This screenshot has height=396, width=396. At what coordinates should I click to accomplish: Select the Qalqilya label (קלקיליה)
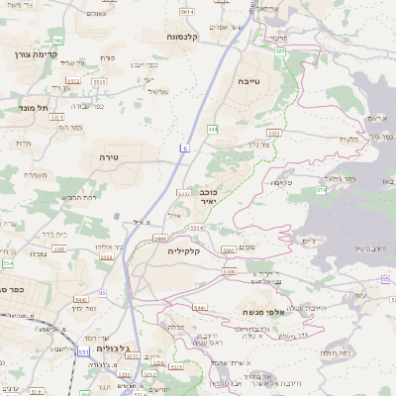point(185,250)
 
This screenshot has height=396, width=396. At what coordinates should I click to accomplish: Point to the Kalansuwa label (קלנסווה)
point(185,37)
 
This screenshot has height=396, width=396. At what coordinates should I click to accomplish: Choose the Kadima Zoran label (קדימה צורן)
point(29,54)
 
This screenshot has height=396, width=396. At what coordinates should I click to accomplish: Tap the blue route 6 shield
point(183,147)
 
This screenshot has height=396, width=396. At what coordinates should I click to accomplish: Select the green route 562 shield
point(59,41)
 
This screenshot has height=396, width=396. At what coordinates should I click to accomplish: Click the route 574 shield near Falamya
point(321,189)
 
